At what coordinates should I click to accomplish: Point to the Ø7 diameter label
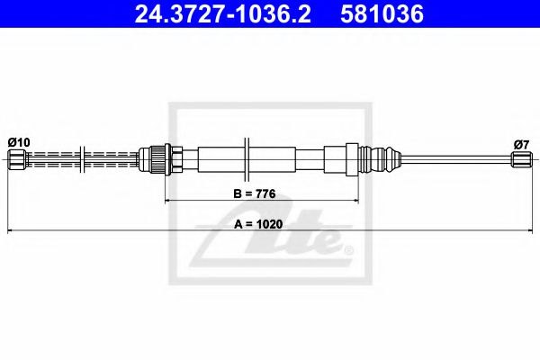pos(520,142)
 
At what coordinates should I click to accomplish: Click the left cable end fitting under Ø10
pos(17,160)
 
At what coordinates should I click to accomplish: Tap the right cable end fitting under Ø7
pos(520,160)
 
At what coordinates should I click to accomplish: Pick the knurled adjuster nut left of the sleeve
pos(158,159)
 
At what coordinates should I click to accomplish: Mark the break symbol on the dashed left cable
pos(83,159)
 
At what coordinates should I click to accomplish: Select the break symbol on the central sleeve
pos(245,159)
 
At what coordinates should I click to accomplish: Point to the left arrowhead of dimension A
pos(12,232)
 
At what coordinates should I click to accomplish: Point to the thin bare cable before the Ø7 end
pos(450,160)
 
